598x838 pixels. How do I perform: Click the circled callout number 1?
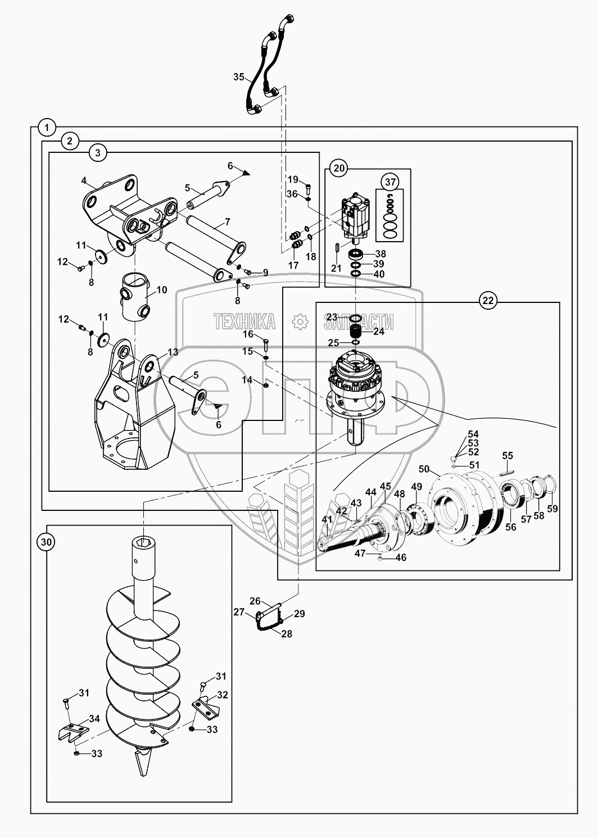pyautogui.click(x=47, y=128)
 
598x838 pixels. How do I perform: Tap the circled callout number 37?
pyautogui.click(x=391, y=182)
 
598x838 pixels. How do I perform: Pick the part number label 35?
pyautogui.click(x=238, y=77)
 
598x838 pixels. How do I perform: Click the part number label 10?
pyautogui.click(x=162, y=290)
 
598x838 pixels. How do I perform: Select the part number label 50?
pyautogui.click(x=424, y=469)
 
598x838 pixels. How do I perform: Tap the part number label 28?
pyautogui.click(x=287, y=633)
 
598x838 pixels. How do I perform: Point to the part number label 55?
pyautogui.click(x=508, y=455)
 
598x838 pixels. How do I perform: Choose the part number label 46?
pyautogui.click(x=401, y=558)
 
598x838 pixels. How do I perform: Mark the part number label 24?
pyautogui.click(x=379, y=332)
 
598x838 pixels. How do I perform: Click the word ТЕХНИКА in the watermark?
pyautogui.click(x=244, y=321)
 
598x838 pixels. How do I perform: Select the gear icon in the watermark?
pyautogui.click(x=300, y=321)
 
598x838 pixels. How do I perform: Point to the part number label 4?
pyautogui.click(x=84, y=180)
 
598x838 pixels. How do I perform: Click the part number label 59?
pyautogui.click(x=552, y=510)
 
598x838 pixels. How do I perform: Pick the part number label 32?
pyautogui.click(x=223, y=695)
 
